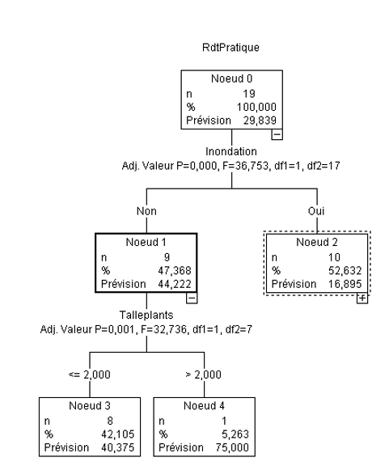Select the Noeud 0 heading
(232, 82)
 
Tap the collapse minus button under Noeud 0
(277, 135)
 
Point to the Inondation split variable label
(232, 150)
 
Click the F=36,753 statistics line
(232, 163)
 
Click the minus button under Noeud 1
(192, 297)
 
